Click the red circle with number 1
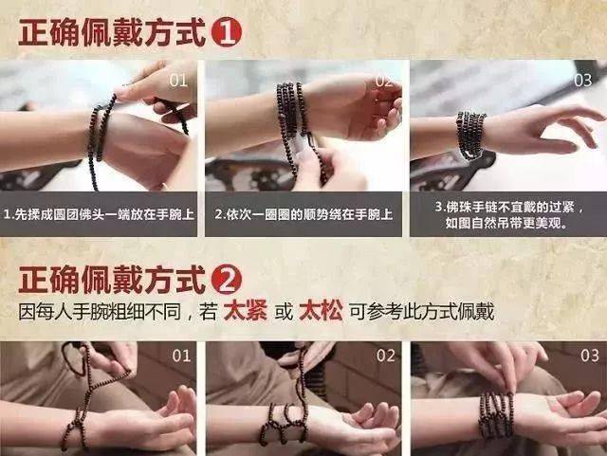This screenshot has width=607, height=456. [227, 33]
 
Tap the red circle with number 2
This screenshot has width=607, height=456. [227, 280]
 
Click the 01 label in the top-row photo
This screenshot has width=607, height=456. [178, 81]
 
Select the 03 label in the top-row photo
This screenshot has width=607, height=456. [582, 81]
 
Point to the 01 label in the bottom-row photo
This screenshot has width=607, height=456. [181, 356]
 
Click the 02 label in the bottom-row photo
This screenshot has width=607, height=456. [386, 356]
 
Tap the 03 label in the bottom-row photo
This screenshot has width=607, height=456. [590, 356]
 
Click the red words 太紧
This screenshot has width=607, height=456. [246, 311]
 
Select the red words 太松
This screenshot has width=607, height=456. [321, 311]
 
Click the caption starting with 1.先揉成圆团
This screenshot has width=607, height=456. [99, 214]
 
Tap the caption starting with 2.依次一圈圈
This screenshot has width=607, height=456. [303, 214]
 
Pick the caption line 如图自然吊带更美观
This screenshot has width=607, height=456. [506, 224]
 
